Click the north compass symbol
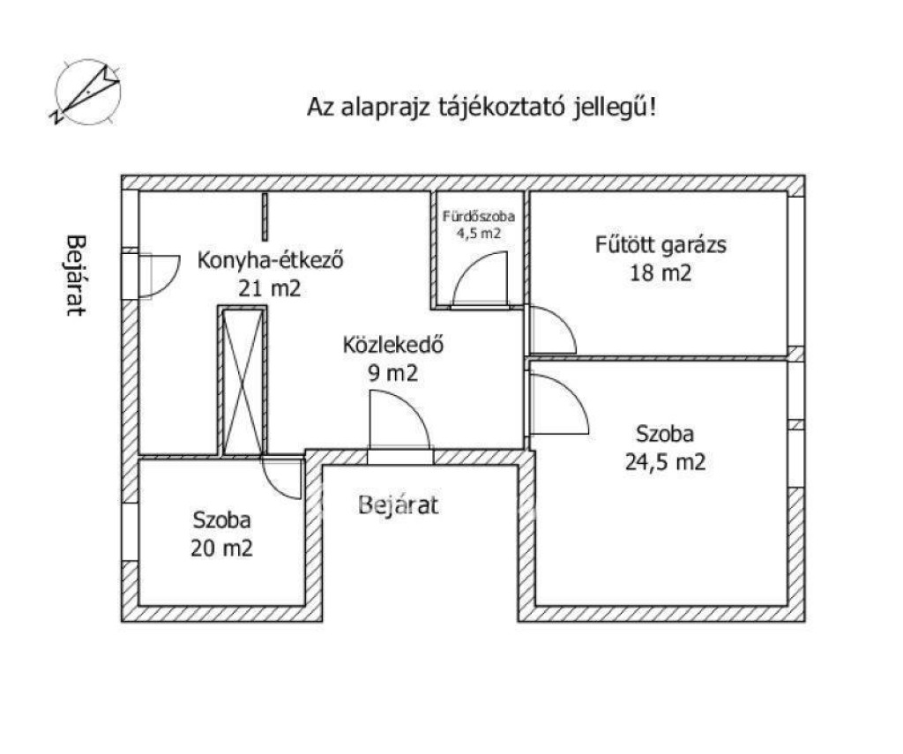87,93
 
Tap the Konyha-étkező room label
270,260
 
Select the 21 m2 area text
270,287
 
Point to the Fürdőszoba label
479,217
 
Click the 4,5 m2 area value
479,234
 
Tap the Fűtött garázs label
660,245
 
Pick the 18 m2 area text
660,272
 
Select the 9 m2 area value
392,373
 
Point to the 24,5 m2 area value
665,462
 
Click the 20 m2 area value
221,548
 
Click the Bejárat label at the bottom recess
398,505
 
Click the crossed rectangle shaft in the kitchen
243,381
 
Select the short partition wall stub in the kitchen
265,217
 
